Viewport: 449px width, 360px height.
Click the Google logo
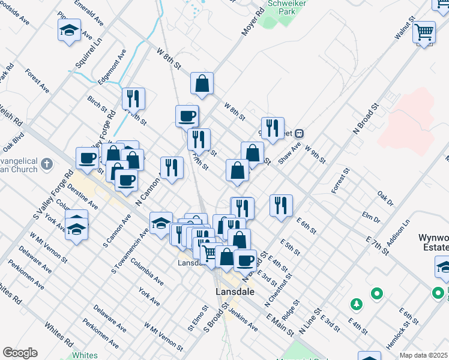[20, 353]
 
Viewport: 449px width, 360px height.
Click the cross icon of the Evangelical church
[49, 164]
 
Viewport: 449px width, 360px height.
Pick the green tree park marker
[356, 304]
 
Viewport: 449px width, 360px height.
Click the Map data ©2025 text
[424, 355]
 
